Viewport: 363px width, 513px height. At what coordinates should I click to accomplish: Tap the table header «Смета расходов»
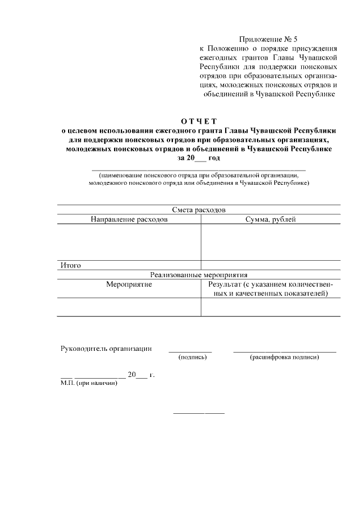[198, 209]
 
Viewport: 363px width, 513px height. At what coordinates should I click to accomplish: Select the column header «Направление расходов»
[129, 219]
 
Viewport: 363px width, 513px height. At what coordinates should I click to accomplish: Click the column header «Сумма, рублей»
[271, 219]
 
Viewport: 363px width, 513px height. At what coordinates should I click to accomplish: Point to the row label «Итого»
[71, 265]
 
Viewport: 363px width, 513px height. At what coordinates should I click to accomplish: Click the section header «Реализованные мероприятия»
[198, 274]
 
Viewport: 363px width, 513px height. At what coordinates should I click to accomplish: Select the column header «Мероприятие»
[129, 284]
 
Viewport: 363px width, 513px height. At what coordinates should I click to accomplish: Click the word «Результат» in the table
[225, 284]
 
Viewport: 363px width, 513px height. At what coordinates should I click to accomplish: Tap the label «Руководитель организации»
[107, 349]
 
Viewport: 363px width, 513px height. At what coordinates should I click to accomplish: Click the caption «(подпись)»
[192, 357]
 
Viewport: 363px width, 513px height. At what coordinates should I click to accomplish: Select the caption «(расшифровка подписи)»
[284, 357]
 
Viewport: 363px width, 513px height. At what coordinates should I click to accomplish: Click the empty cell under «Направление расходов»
[129, 242]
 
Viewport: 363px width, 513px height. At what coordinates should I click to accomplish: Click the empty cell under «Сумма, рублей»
[271, 242]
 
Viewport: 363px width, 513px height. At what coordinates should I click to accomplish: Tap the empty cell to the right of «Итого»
[271, 265]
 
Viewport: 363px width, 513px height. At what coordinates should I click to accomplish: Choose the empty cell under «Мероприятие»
[129, 307]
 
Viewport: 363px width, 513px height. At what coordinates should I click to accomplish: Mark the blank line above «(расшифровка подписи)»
[284, 352]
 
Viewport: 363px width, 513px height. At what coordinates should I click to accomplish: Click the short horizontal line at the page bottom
[199, 413]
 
